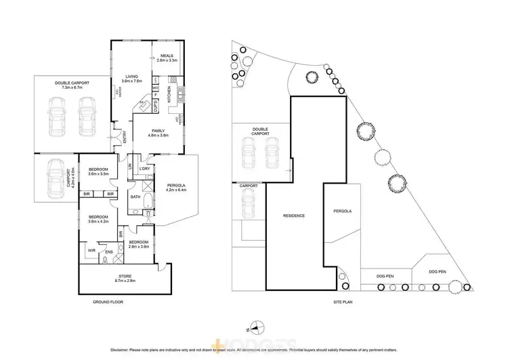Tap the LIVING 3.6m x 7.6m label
tap(131, 79)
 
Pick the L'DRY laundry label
tap(144, 168)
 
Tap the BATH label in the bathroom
tap(135, 197)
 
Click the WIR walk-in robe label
tap(91, 251)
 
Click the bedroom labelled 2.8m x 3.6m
tap(138, 244)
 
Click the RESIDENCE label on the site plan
tap(293, 216)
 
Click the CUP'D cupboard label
tap(154, 107)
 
